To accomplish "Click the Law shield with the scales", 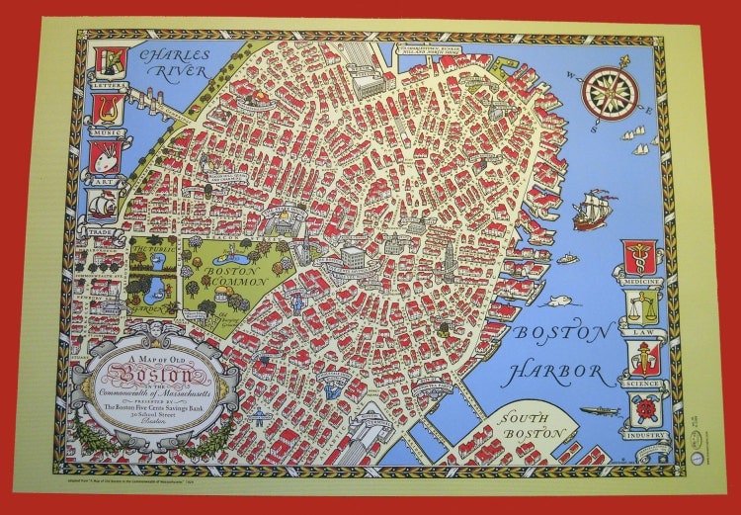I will pos(643,309).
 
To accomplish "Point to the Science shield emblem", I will pos(643,359).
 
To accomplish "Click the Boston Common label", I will pos(235,272).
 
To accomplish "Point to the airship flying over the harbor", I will pos(600,409).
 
